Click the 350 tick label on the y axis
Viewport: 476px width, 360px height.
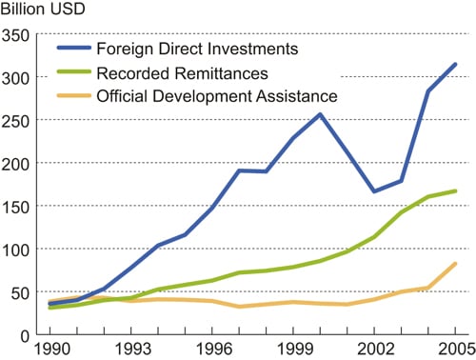15,34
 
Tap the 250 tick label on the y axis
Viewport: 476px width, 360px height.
15,120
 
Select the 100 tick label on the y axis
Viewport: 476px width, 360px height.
15,250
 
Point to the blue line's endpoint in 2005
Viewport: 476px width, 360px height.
456,65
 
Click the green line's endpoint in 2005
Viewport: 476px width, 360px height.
456,190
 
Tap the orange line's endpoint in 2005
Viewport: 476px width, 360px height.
456,264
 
